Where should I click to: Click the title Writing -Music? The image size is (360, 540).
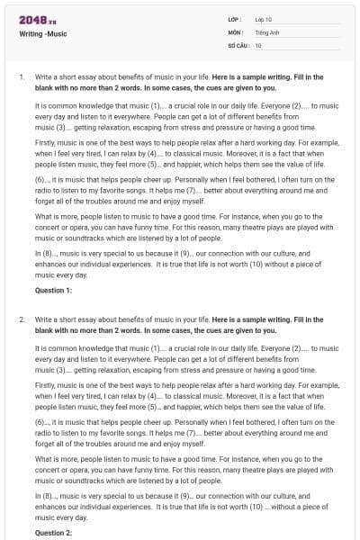43,33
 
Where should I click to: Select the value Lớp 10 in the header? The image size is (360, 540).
264,19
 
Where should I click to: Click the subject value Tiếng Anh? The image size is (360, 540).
267,31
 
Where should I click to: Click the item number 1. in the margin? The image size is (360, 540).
22,77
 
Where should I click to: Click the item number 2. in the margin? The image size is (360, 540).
22,319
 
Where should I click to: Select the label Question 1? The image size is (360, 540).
53,290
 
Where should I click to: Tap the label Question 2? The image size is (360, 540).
53,533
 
